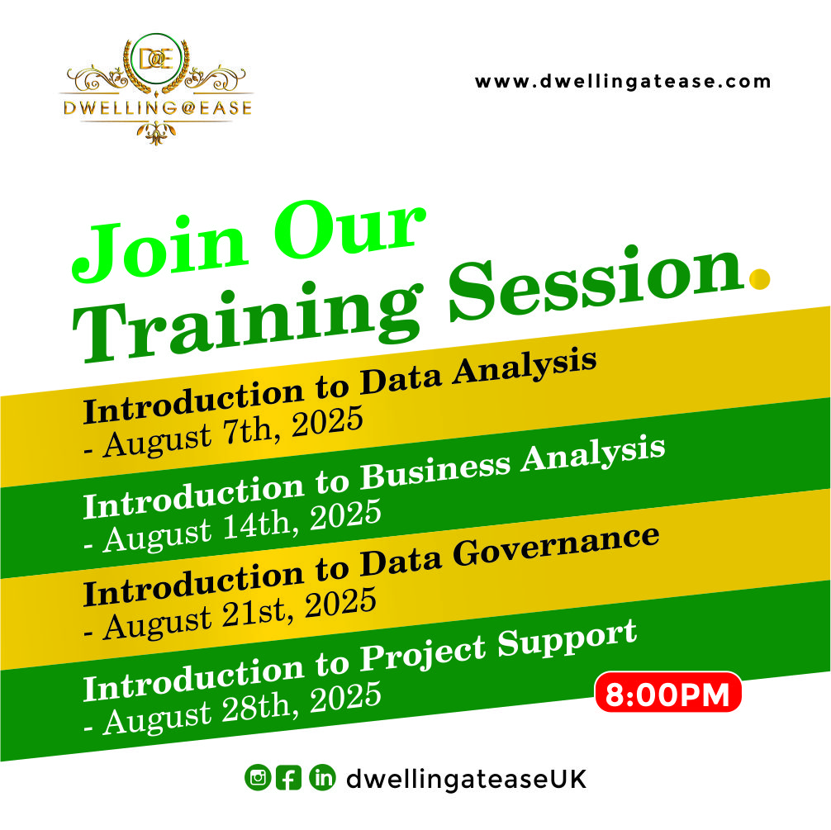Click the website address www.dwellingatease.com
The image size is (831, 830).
tap(623, 82)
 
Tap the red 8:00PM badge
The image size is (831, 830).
tap(667, 692)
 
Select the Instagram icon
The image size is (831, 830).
tap(258, 777)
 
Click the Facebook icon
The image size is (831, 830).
tap(289, 778)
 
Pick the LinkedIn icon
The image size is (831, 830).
tap(322, 777)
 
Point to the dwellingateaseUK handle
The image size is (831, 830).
tap(466, 779)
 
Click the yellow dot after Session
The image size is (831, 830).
tap(759, 279)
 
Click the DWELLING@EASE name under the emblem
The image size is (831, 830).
tap(158, 107)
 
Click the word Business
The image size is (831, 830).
tap(435, 468)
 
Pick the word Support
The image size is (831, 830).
tap(567, 638)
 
